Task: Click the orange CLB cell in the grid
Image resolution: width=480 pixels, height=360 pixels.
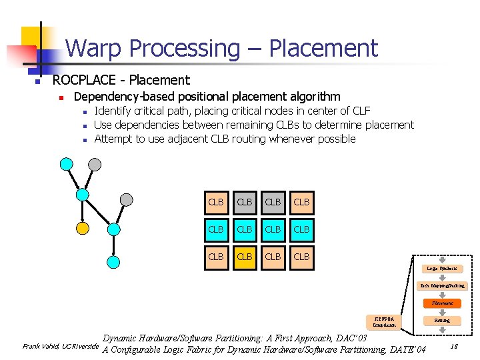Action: (x=245, y=257)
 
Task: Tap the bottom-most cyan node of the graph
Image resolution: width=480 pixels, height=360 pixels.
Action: (x=114, y=262)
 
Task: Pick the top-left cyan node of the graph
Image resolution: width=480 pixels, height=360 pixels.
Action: (x=65, y=164)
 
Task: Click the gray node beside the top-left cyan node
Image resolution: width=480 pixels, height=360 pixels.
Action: (x=96, y=164)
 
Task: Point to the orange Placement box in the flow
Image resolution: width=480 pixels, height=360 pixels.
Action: (x=442, y=303)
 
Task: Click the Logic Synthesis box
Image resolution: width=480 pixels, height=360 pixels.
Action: (x=442, y=269)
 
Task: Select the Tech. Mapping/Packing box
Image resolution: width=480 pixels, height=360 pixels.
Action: (x=442, y=285)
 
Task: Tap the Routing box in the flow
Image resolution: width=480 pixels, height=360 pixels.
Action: (x=442, y=320)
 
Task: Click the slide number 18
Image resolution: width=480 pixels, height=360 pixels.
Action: (x=453, y=346)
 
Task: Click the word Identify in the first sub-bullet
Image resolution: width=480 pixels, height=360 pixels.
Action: (x=114, y=111)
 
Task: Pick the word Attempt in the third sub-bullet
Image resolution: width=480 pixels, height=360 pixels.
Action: (x=113, y=139)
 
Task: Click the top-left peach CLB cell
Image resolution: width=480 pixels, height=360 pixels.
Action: (x=216, y=201)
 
